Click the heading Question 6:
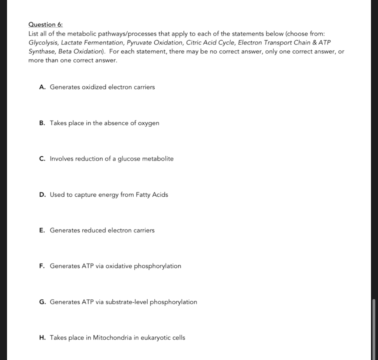click(x=45, y=25)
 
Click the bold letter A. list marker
click(x=42, y=87)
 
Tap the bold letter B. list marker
click(x=42, y=123)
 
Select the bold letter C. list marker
click(x=42, y=159)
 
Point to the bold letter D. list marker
click(x=42, y=195)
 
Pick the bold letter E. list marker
click(x=42, y=231)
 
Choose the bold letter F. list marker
click(x=42, y=266)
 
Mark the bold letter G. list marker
click(x=42, y=302)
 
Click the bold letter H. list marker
click(x=42, y=338)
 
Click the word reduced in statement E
click(x=94, y=231)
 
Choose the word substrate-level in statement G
click(x=127, y=302)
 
